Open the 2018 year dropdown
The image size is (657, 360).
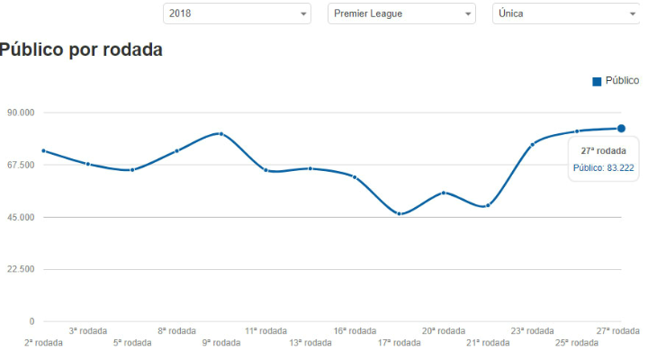236,14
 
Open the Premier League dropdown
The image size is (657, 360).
401,14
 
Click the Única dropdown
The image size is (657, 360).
565,14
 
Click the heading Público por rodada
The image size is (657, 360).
81,50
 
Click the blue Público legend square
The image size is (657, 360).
597,82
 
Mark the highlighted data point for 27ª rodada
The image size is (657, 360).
621,128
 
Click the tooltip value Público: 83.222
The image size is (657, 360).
603,167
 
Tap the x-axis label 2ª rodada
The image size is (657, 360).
43,343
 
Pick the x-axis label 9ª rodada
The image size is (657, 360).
220,343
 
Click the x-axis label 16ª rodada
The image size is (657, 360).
355,331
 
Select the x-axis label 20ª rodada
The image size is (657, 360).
444,331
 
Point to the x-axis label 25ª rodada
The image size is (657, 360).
576,343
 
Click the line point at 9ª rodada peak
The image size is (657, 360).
220,133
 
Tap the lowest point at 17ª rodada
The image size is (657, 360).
399,213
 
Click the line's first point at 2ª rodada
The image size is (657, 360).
43,150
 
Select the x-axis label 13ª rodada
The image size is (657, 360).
310,343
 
